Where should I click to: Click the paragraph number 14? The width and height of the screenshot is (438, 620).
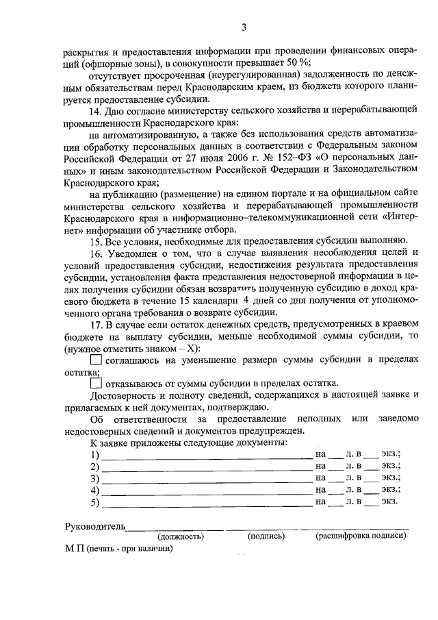click(x=97, y=110)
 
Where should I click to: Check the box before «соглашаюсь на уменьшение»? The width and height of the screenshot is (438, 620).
click(x=96, y=358)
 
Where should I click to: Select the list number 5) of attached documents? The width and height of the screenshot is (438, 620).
click(x=95, y=503)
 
